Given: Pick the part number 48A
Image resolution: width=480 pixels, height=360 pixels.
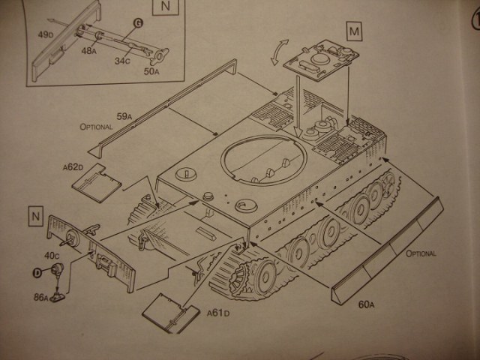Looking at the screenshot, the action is pos(90,51).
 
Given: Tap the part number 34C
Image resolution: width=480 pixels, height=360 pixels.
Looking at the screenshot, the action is pos(121,61).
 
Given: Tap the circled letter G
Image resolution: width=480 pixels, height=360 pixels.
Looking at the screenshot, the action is pos(137,23).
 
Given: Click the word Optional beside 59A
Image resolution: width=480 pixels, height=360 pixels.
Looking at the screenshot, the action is pos(96,127).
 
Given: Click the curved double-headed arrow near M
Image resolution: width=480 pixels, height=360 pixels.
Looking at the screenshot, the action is pos(277,53).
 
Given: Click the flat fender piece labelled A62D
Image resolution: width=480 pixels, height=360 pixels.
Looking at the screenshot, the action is pos(99,182).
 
